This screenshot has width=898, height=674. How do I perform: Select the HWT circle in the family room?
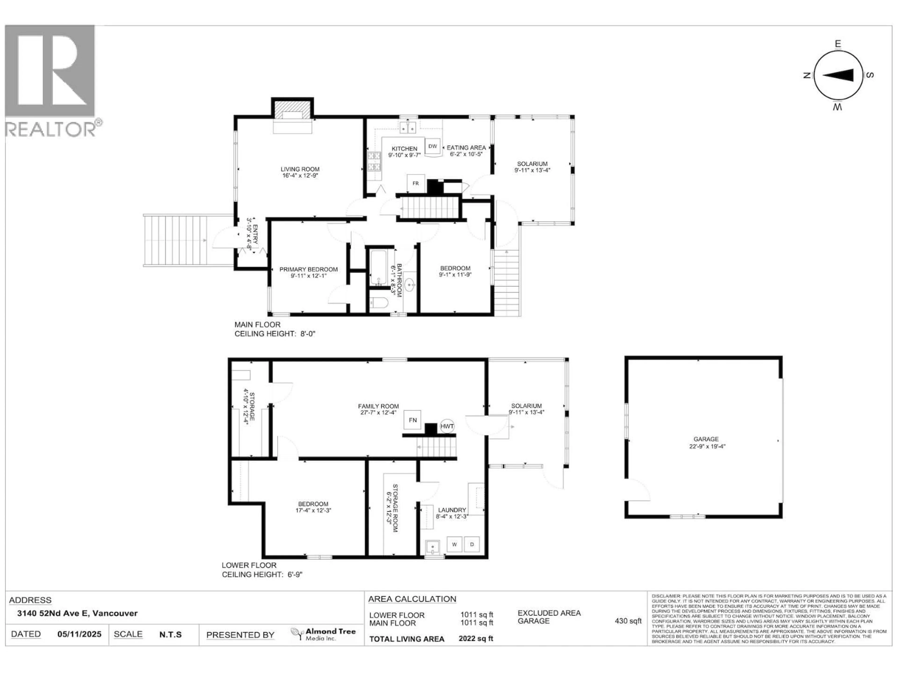(447, 426)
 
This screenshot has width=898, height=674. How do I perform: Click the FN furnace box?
(413, 420)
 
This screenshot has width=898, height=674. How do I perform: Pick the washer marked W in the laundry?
(454, 544)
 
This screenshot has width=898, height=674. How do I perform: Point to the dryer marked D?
(472, 544)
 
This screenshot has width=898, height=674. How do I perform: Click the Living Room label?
(300, 172)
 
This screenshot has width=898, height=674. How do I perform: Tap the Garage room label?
(706, 442)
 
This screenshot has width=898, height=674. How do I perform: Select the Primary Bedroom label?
(308, 272)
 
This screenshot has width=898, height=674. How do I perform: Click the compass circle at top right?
(838, 76)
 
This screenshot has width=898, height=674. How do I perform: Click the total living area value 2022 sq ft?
(475, 638)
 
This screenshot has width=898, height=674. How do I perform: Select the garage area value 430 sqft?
(628, 621)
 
